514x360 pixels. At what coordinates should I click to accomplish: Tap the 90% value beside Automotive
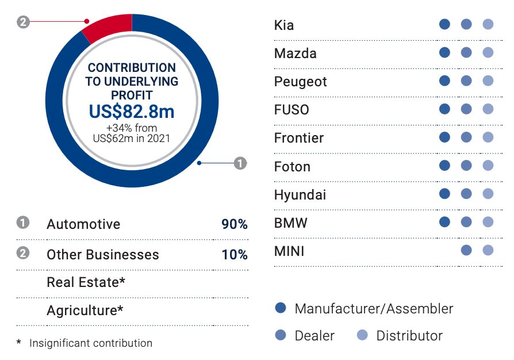tap(234, 224)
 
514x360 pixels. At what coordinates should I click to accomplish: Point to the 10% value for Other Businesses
tap(234, 254)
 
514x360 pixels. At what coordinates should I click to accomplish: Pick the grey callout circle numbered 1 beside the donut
tap(240, 163)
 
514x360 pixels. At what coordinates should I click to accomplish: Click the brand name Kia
tap(284, 25)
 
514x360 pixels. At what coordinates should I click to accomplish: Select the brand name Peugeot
tap(300, 82)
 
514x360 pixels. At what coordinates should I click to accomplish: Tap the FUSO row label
tap(291, 110)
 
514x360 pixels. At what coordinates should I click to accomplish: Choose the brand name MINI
tap(289, 251)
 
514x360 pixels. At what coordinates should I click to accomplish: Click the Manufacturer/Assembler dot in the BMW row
tap(444, 222)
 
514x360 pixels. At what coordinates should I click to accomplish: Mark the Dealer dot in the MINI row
tap(466, 250)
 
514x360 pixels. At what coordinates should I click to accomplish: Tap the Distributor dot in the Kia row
tap(488, 25)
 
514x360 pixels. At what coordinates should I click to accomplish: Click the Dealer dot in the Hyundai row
tap(466, 194)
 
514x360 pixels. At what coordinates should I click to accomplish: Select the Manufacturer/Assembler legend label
tap(374, 309)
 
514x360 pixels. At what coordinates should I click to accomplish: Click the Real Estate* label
tap(86, 282)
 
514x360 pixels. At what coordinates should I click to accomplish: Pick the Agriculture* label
tap(85, 311)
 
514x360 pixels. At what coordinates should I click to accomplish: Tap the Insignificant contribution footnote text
tap(91, 343)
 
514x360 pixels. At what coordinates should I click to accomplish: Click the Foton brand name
tap(292, 167)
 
